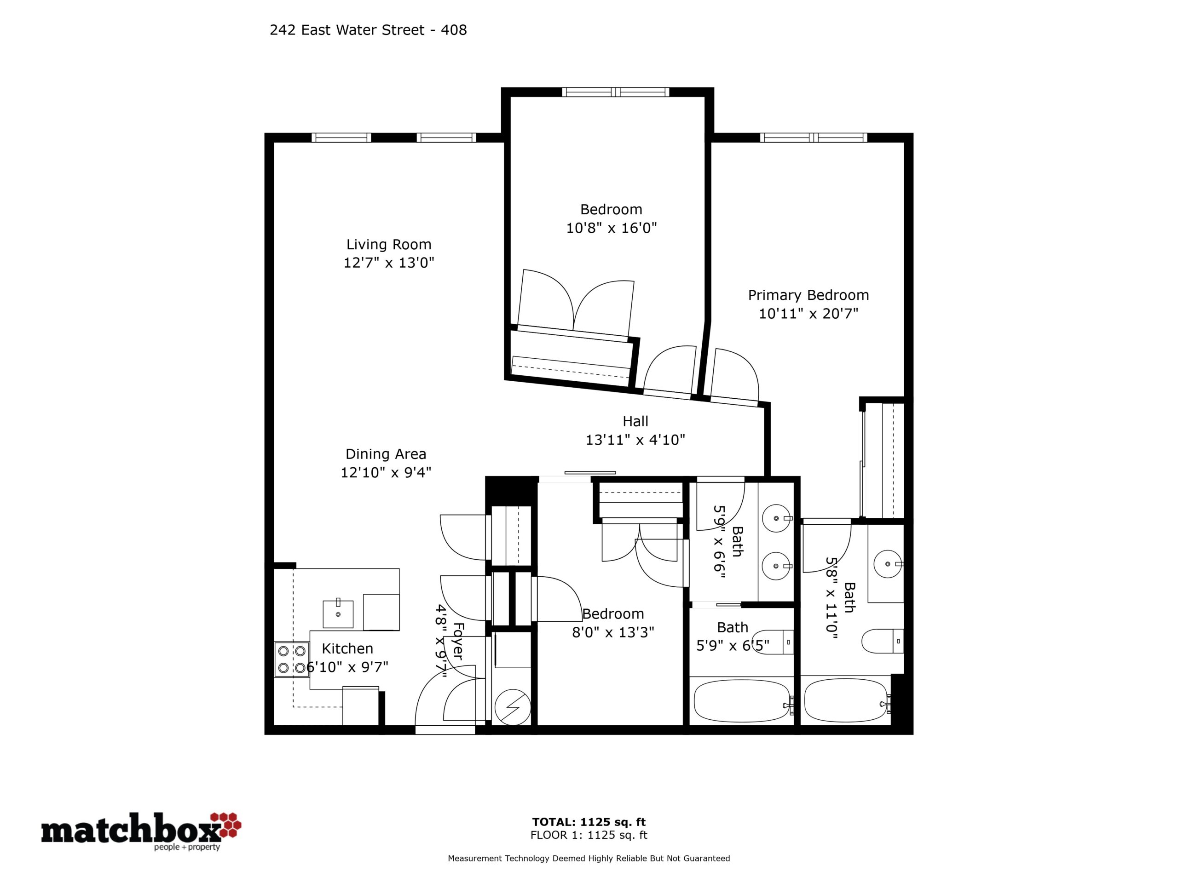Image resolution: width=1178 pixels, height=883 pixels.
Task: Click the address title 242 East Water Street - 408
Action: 368,30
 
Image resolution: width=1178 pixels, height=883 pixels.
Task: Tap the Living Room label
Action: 389,244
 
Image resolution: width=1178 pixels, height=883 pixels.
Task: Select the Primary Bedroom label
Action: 808,295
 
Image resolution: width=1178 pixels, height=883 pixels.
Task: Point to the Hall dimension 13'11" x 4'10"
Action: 635,440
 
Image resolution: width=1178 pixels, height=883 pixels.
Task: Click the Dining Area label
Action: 386,454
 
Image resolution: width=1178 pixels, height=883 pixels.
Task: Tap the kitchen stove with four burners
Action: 292,659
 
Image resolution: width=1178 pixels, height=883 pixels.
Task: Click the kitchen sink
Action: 338,614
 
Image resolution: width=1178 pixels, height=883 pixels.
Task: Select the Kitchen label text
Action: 348,648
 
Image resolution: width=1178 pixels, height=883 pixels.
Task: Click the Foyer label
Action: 458,642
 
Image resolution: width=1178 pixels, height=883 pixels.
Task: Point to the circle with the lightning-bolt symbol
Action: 512,707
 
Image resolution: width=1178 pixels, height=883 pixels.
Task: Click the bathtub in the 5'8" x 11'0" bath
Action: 846,700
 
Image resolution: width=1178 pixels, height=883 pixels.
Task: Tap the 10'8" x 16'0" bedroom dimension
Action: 612,228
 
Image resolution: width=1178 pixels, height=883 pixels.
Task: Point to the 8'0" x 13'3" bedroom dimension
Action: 613,632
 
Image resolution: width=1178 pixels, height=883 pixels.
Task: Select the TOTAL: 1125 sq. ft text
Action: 589,822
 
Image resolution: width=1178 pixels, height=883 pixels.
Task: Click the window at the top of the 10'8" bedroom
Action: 616,92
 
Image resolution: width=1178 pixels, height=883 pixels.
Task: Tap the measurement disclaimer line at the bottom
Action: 589,858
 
